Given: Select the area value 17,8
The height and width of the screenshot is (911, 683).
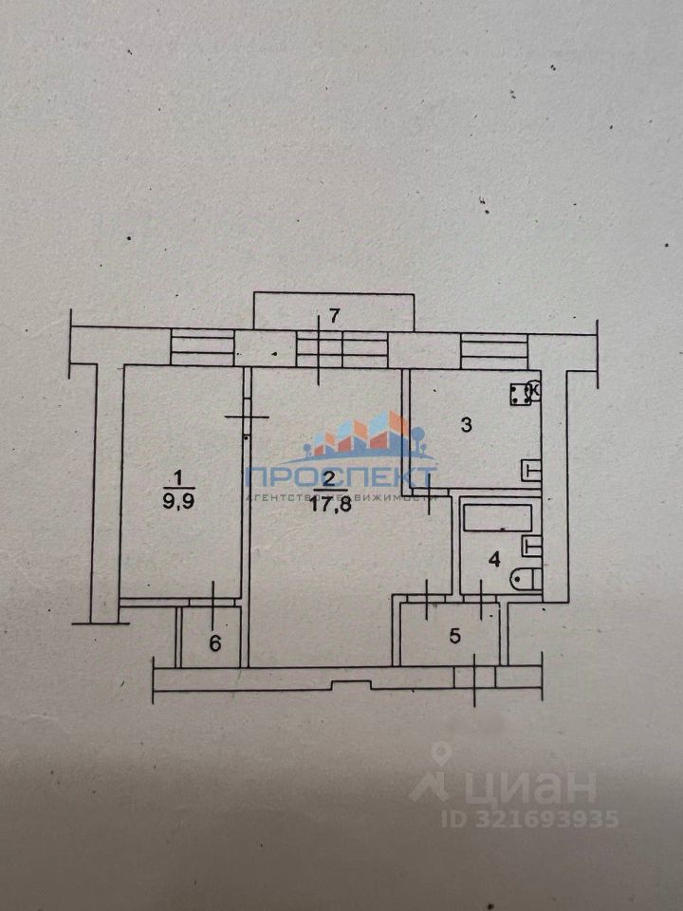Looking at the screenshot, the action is (x=329, y=504).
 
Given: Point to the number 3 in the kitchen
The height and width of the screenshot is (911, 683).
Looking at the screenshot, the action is (x=466, y=424).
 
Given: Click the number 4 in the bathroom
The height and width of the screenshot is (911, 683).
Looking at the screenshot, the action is (x=492, y=559).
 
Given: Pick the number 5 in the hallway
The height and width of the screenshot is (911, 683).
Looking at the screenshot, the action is (x=454, y=636).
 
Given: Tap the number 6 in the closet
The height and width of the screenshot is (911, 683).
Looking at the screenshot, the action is (x=214, y=643).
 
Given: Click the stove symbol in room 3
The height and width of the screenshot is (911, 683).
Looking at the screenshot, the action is (x=521, y=392).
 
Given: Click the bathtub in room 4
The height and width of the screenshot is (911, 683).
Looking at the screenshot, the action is (x=497, y=518).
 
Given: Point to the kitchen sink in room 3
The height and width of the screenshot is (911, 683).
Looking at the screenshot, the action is (x=531, y=469).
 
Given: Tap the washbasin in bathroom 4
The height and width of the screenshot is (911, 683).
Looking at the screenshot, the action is (x=531, y=546).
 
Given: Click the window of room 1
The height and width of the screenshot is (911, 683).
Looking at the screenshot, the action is (x=202, y=346).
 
